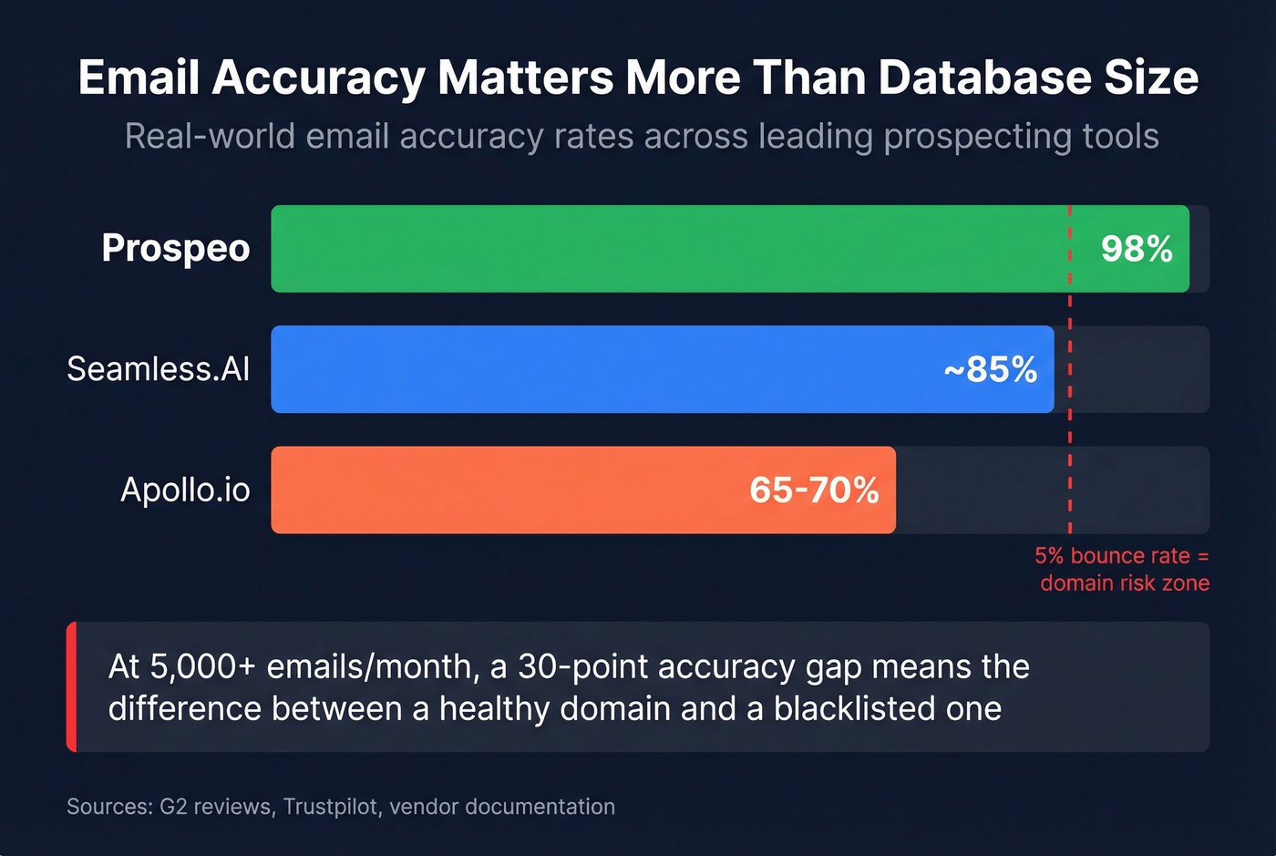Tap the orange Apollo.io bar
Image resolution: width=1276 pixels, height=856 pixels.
click(x=510, y=490)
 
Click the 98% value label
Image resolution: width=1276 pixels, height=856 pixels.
click(x=1137, y=249)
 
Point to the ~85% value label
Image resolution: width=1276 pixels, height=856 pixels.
click(x=991, y=369)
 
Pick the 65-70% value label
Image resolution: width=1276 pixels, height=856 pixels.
click(x=814, y=490)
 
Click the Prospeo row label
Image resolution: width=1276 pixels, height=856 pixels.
click(x=176, y=248)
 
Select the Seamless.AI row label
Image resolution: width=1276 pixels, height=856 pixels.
click(x=159, y=369)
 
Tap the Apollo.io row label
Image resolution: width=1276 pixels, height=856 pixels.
click(x=186, y=490)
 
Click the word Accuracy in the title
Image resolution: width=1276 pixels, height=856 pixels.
click(x=318, y=78)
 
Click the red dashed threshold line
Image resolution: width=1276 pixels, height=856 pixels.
click(x=1070, y=428)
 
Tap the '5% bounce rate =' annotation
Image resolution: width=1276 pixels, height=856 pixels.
click(x=1121, y=556)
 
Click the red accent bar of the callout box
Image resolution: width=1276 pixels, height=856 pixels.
click(x=71, y=687)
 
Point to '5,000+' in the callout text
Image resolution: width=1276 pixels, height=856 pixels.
click(x=203, y=667)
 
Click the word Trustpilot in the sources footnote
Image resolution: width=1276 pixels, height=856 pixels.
click(x=331, y=807)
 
